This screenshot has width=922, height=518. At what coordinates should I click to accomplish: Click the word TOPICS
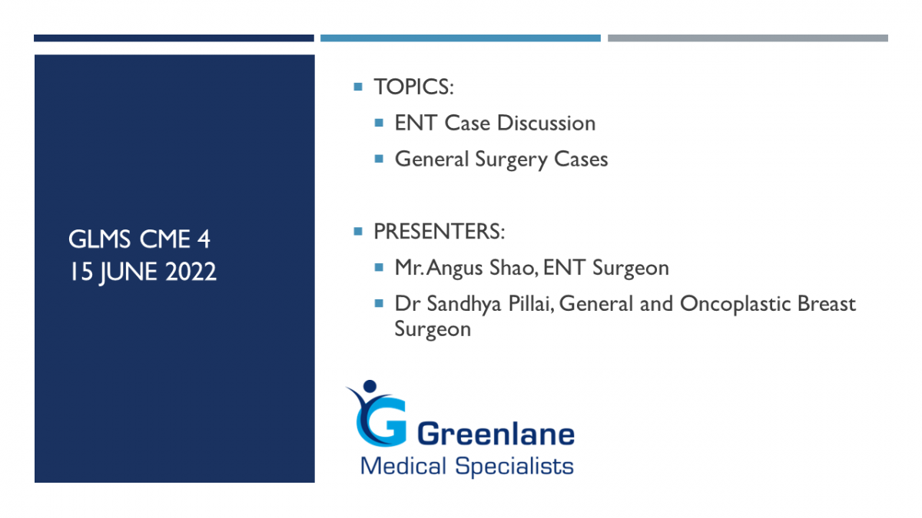(x=412, y=87)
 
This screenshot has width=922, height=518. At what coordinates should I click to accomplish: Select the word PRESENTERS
(x=436, y=232)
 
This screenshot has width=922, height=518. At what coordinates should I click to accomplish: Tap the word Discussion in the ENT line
(x=546, y=123)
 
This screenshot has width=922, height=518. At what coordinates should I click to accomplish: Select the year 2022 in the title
(x=191, y=272)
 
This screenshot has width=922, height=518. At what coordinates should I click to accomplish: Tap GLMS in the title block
(x=100, y=239)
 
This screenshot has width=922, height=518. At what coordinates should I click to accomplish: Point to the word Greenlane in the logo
(x=496, y=434)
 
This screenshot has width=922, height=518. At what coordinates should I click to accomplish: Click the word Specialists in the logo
(x=514, y=467)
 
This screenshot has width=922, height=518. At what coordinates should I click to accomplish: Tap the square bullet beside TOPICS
(x=358, y=87)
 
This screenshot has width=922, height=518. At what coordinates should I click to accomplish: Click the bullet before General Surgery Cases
(x=379, y=159)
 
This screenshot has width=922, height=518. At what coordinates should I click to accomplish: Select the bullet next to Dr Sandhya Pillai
(x=379, y=304)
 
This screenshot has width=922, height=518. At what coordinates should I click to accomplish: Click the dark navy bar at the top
(x=174, y=38)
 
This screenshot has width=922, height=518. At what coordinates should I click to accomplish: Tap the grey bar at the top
(x=748, y=38)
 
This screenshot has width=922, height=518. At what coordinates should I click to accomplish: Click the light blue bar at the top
(x=460, y=38)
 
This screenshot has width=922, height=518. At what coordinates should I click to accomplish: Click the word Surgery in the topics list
(x=511, y=160)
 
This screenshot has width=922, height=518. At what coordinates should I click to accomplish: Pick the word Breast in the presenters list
(x=827, y=304)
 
